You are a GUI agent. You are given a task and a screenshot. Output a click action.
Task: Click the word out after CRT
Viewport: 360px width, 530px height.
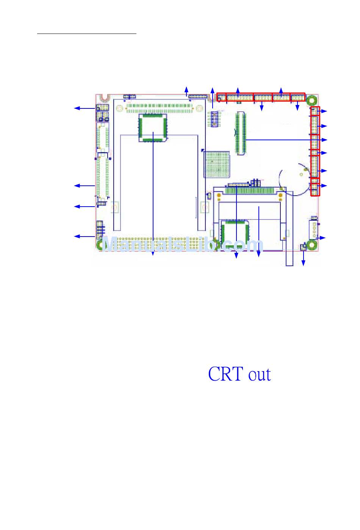260,375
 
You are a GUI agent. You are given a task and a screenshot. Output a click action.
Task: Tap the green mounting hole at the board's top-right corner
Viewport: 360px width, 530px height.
311,100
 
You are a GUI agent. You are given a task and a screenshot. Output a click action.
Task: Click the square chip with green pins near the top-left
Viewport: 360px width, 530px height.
153,128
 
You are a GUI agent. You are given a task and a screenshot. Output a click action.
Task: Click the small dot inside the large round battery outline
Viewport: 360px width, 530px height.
301,175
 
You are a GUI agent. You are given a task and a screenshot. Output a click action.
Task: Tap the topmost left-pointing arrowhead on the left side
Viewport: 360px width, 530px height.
76,108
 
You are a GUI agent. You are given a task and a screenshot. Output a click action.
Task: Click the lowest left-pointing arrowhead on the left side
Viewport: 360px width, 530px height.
76,237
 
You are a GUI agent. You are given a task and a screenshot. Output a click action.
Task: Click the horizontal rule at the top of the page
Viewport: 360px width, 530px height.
86,34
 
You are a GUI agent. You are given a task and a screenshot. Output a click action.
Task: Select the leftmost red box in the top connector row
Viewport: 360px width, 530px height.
221,98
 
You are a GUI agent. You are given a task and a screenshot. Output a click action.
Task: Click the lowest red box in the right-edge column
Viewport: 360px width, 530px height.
315,187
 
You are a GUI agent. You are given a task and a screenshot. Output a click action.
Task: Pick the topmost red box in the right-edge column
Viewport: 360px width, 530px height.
315,111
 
